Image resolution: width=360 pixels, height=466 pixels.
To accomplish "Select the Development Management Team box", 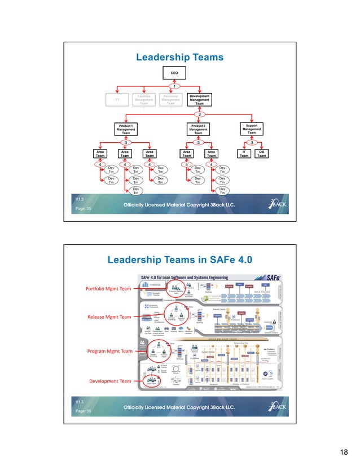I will tap(199, 100).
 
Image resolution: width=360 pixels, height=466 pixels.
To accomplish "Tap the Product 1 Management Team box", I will tap(125, 128).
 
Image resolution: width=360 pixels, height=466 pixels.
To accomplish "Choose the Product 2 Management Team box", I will tap(198, 128).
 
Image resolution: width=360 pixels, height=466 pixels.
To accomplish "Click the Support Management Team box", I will tap(252, 128).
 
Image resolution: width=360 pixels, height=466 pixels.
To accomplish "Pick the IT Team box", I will tap(243, 153).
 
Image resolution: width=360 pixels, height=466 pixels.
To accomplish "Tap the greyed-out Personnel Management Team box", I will tap(171, 100).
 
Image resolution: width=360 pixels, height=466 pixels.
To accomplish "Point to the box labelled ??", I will tap(117, 100).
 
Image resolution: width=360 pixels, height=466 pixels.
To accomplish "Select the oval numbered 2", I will tap(199, 114).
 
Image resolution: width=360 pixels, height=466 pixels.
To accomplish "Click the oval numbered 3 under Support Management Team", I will tap(252, 142).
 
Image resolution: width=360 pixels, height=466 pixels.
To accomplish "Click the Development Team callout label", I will tap(111, 381).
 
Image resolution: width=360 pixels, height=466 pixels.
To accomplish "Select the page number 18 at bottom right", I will tap(343, 451).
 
